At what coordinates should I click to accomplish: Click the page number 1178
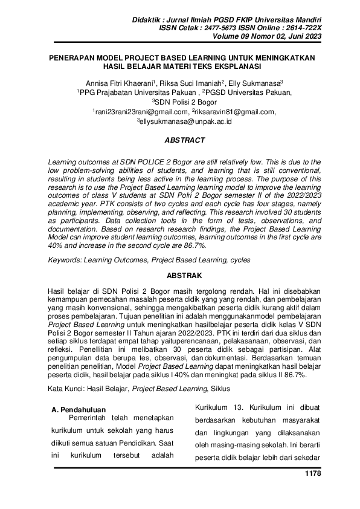[311, 473]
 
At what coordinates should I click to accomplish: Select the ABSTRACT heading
[185, 140]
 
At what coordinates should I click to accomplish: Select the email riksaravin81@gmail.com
[235, 112]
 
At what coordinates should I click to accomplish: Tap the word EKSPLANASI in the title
[235, 65]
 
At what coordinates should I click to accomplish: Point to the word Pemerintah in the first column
[93, 419]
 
